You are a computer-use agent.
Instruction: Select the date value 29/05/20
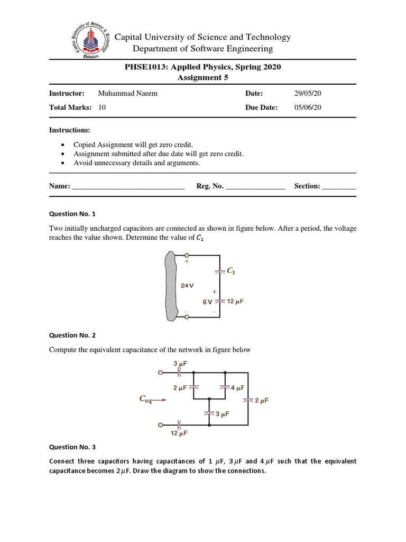[308, 93]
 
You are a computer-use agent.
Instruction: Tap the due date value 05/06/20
[308, 107]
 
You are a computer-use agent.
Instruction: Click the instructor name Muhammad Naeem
[127, 93]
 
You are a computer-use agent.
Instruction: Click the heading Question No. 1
[72, 214]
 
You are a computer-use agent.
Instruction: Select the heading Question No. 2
[72, 335]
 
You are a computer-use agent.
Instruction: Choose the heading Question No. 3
[72, 447]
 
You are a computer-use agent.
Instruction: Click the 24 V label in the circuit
[187, 285]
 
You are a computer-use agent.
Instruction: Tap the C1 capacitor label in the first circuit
[231, 271]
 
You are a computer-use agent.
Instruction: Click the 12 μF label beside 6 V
[235, 301]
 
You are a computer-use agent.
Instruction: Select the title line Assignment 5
[202, 77]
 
